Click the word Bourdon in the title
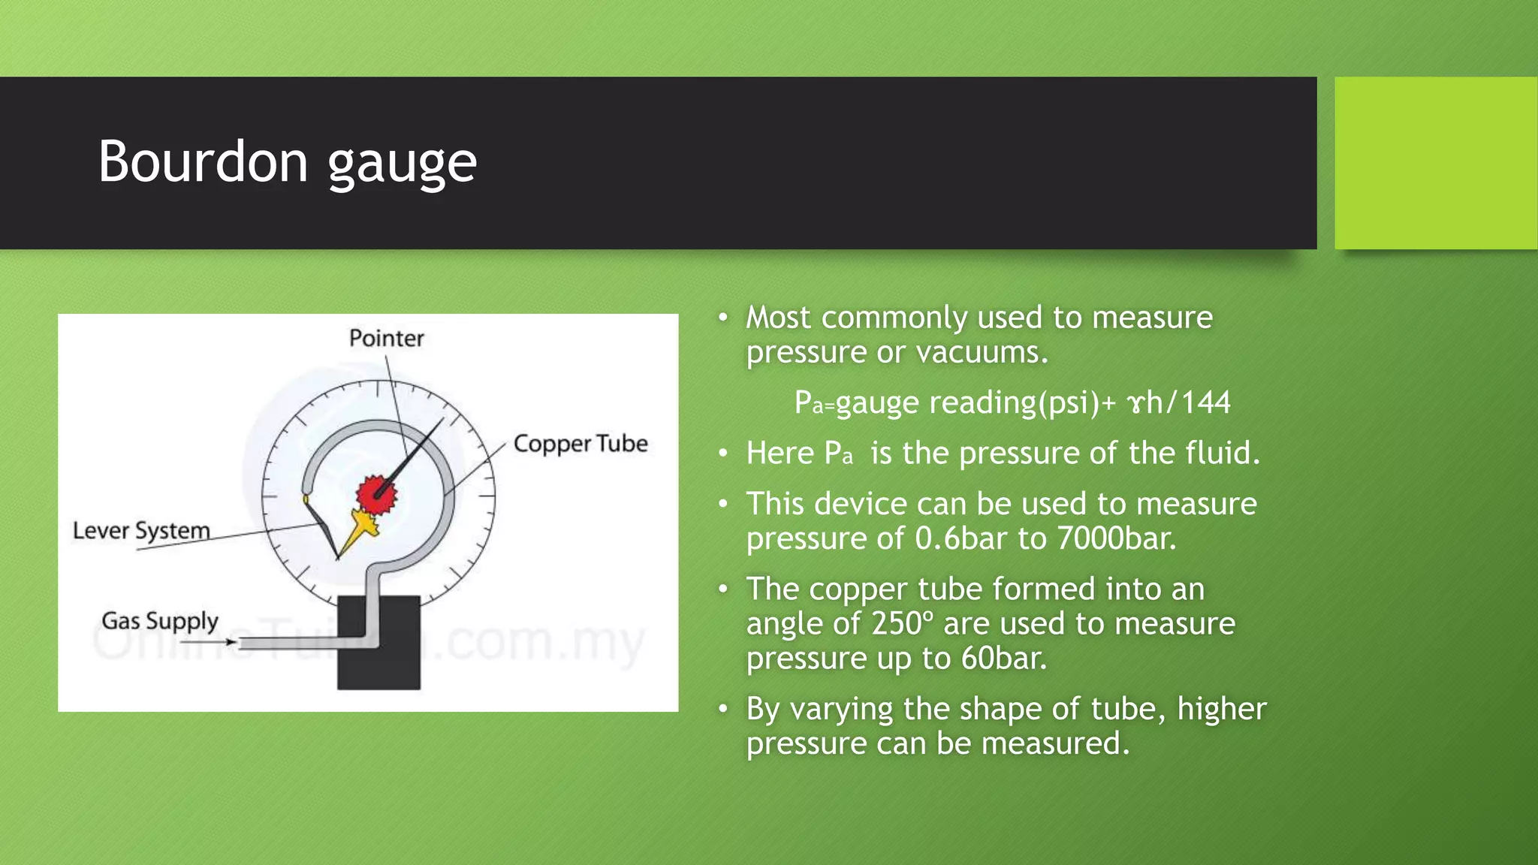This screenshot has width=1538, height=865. click(203, 161)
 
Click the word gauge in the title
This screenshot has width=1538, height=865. click(402, 164)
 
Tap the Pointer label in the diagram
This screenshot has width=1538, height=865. click(386, 338)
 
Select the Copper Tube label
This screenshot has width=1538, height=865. click(581, 444)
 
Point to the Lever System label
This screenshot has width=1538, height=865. click(141, 531)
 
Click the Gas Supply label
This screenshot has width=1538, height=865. click(160, 621)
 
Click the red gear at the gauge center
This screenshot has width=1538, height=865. click(375, 494)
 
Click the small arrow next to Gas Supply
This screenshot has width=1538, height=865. click(230, 642)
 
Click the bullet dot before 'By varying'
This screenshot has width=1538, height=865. click(722, 709)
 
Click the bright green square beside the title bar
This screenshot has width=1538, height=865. click(1435, 163)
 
